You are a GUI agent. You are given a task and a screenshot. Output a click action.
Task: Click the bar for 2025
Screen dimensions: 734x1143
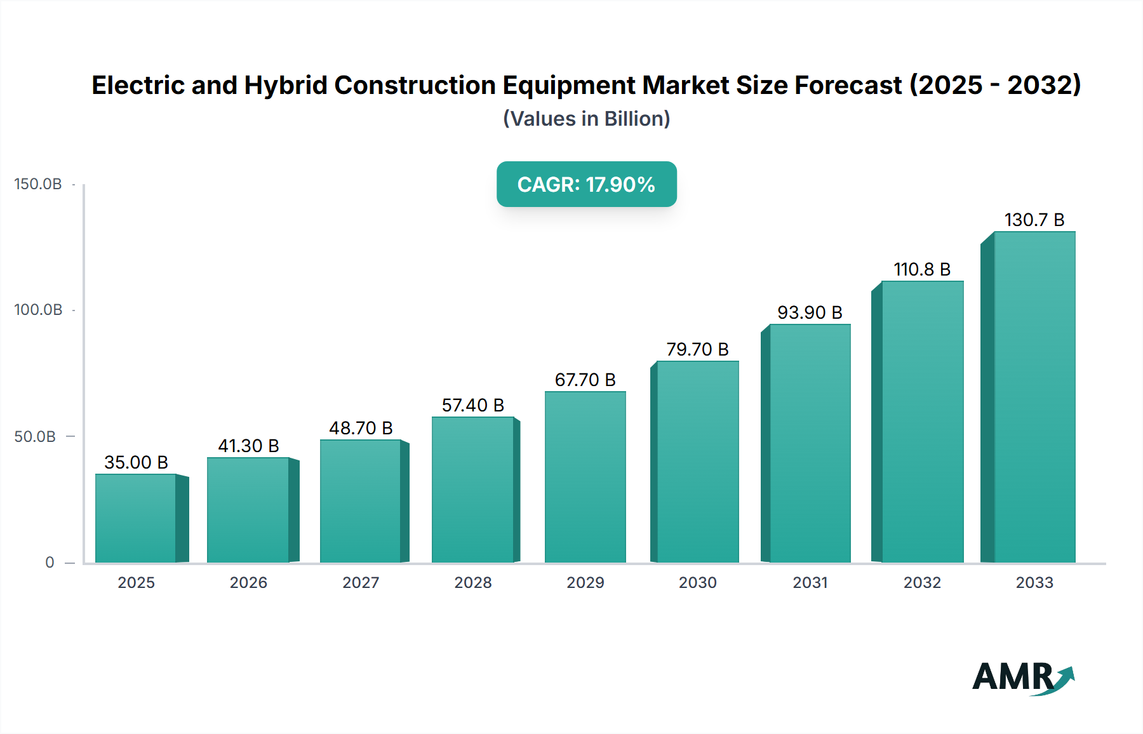(x=136, y=518)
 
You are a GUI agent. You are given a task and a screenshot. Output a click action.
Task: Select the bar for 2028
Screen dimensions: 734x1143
(x=472, y=490)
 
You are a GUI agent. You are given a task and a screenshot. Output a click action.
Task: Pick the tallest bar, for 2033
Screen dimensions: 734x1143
(x=1034, y=397)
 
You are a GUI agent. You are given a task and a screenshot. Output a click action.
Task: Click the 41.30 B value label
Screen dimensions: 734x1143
(x=248, y=446)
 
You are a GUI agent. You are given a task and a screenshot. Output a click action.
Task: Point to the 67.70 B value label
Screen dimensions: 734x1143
(x=585, y=380)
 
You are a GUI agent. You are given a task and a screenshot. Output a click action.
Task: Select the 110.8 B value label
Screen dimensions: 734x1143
(x=922, y=269)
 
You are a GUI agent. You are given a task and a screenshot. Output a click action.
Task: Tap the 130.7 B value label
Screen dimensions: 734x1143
(x=1034, y=220)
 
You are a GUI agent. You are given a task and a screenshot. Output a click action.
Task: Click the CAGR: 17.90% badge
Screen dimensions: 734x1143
(x=586, y=184)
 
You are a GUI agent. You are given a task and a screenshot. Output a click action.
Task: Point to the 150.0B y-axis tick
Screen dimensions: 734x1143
(x=38, y=184)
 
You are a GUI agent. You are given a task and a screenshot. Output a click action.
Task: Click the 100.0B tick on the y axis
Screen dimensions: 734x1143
(x=38, y=310)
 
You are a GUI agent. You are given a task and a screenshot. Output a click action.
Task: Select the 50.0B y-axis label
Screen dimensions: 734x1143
(x=35, y=437)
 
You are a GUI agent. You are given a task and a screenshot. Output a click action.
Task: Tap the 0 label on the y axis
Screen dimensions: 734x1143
(x=50, y=563)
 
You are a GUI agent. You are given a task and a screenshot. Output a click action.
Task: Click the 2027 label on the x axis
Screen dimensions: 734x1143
(x=361, y=582)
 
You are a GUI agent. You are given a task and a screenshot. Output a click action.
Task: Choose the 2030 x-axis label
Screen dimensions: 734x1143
(x=697, y=582)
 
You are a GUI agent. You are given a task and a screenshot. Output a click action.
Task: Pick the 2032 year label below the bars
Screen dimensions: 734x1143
(x=922, y=582)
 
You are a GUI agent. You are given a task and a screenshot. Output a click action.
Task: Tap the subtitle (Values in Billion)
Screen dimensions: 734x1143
(x=586, y=119)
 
